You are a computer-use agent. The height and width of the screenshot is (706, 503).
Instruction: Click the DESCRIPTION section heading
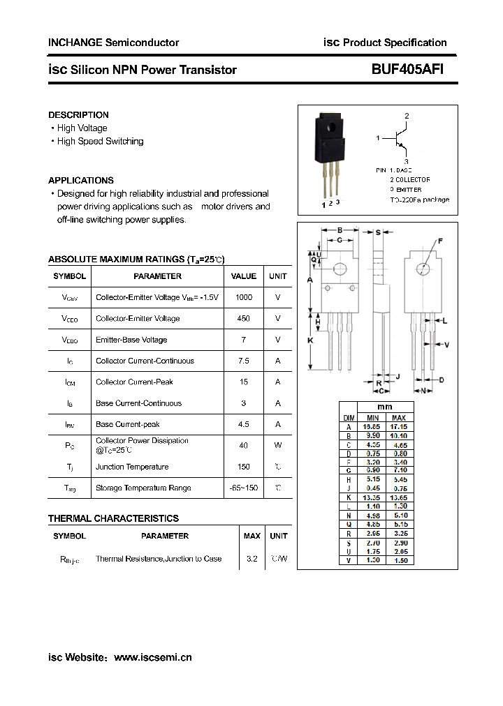(78, 114)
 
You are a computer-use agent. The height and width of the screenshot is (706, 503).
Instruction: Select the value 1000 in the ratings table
(244, 296)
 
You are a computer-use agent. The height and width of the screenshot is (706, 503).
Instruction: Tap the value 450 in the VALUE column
(244, 318)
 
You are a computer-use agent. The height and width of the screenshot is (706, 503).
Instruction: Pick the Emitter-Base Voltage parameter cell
(131, 340)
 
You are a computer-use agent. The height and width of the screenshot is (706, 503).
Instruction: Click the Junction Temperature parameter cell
(132, 467)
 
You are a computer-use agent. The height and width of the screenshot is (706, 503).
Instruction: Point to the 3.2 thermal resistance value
(251, 559)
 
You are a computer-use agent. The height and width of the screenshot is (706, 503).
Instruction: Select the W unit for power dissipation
(278, 445)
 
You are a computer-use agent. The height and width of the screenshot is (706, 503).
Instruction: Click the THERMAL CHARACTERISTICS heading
(113, 518)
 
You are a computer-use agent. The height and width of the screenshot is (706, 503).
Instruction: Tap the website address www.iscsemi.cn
(152, 657)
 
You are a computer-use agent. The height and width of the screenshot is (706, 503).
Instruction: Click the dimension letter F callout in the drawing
(440, 241)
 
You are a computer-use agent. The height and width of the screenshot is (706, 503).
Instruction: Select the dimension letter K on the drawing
(309, 340)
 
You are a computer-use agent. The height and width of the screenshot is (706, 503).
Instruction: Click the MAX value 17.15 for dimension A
(399, 426)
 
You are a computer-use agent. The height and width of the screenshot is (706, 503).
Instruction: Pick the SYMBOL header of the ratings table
(69, 276)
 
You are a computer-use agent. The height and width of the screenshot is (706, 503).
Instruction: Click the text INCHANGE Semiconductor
(113, 43)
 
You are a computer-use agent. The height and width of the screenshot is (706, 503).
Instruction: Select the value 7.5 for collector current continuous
(244, 361)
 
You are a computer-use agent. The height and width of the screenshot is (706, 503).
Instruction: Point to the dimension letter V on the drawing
(446, 344)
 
